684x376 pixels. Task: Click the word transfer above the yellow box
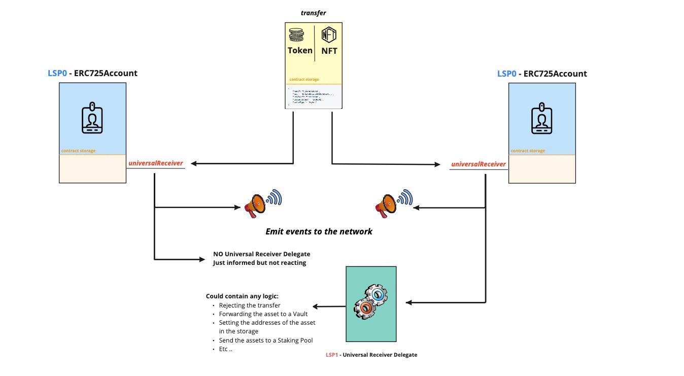(313, 13)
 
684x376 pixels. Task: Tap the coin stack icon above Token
(296, 35)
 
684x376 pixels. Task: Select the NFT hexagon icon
(329, 35)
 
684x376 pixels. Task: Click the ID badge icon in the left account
(92, 118)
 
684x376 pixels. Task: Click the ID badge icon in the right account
(541, 119)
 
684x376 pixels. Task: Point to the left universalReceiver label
(156, 163)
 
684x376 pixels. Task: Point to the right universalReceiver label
(478, 164)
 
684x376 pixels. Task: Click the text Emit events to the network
(319, 231)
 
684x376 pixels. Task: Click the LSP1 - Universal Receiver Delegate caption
(371, 355)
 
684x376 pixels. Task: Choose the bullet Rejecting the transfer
(249, 305)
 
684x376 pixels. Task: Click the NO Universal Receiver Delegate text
(261, 254)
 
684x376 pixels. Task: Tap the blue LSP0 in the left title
(57, 73)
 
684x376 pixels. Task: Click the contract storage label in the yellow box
(304, 80)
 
